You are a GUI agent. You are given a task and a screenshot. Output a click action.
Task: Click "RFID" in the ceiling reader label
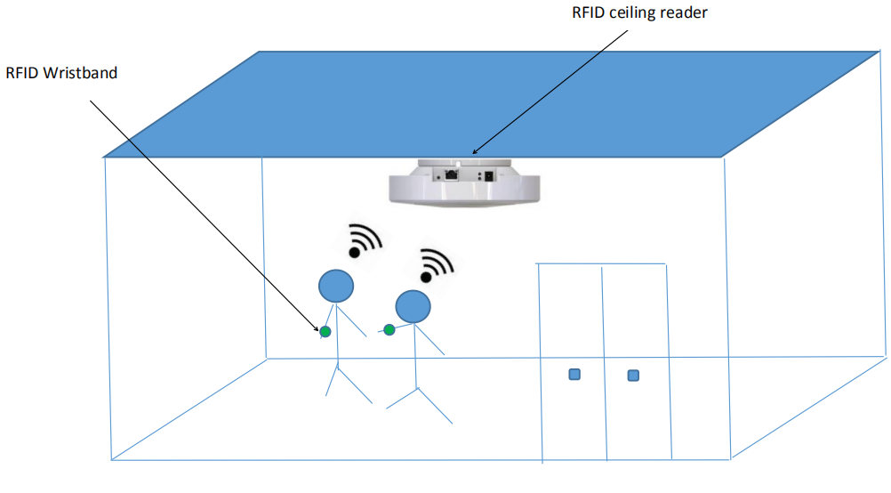point(588,13)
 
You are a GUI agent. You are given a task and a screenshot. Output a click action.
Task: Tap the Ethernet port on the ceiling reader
point(452,174)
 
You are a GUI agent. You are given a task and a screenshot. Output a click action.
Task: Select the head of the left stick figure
point(336,286)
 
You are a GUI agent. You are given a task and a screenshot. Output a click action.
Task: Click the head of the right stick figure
point(413,306)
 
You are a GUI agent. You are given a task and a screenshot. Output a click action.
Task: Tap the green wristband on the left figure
point(325,332)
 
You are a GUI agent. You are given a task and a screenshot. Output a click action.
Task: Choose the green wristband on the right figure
point(389,330)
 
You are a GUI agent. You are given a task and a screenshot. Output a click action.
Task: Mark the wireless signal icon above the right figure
point(437,264)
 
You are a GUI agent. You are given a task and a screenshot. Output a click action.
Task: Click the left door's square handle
point(574,375)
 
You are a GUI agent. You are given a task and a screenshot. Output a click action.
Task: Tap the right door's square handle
point(633,376)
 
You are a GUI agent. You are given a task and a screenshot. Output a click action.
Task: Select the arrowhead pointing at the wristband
point(317,327)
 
